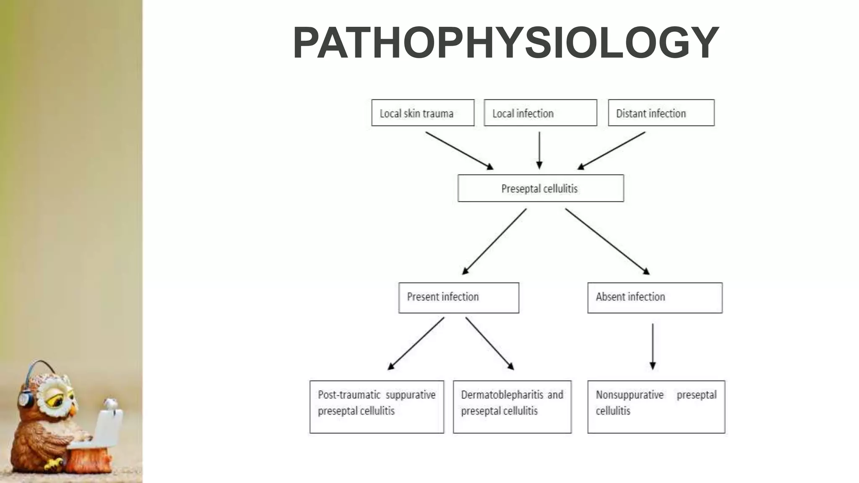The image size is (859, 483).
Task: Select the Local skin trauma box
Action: [423, 113]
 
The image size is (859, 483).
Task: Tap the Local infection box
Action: [540, 113]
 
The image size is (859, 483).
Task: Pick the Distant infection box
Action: [661, 113]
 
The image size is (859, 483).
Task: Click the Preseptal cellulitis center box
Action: [541, 188]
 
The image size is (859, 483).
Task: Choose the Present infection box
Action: [458, 298]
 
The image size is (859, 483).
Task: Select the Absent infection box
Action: [655, 298]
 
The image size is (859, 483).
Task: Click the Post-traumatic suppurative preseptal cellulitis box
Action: [377, 407]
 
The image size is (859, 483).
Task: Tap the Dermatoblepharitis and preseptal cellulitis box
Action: [512, 407]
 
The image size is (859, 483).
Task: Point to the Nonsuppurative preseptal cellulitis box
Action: [656, 407]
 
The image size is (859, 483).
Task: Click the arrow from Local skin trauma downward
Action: [459, 151]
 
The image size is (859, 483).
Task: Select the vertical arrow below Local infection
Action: [539, 150]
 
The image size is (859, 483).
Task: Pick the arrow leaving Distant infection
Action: [612, 151]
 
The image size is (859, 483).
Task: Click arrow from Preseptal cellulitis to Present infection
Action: [494, 241]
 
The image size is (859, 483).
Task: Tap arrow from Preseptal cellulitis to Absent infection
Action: [607, 241]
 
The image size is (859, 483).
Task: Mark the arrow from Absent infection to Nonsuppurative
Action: [653, 346]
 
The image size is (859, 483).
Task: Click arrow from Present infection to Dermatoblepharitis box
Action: [489, 343]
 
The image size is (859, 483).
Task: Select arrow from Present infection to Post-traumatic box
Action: [416, 343]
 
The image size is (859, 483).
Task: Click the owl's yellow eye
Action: [55, 401]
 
